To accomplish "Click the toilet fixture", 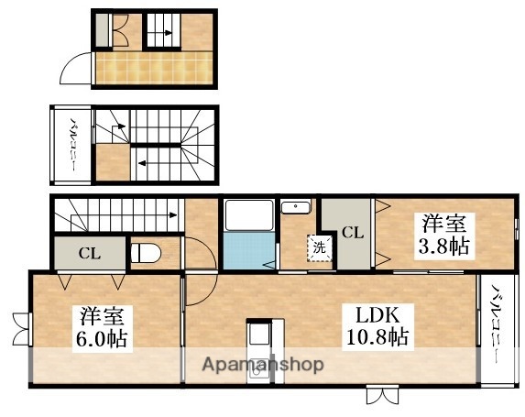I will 148,252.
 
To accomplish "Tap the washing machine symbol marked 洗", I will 319,247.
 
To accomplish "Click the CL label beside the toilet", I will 89,252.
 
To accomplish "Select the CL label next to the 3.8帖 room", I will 352,233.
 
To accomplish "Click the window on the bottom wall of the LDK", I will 381,395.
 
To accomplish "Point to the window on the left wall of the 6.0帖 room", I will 22,327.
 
